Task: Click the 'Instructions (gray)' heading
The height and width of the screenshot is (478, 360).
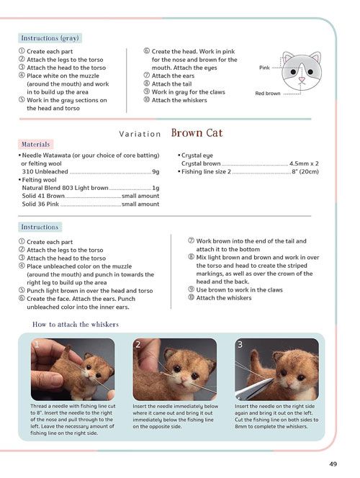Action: [50, 38]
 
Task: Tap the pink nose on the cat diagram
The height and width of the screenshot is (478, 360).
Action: [302, 79]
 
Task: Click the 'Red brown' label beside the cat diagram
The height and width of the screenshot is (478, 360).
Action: [268, 94]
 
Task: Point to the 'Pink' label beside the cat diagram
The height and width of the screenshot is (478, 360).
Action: [264, 68]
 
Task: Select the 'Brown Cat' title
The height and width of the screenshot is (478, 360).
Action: [197, 133]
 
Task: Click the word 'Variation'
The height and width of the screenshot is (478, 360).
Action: [140, 134]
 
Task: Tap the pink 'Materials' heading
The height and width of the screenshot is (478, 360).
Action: [36, 144]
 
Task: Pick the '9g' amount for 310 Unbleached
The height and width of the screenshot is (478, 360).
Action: [156, 171]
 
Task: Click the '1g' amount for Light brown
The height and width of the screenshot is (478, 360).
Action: [156, 188]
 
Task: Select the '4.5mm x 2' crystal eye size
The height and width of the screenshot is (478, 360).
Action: [304, 163]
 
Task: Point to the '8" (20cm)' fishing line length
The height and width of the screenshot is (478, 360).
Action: [305, 171]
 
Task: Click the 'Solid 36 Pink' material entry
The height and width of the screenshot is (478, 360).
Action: [40, 204]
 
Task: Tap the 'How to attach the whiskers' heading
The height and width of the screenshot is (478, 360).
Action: [76, 324]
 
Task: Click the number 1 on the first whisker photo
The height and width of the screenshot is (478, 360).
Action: [37, 345]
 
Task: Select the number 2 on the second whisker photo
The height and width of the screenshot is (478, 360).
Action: [138, 345]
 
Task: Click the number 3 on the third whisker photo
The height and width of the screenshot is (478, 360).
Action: [240, 345]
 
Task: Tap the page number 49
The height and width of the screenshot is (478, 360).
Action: [333, 464]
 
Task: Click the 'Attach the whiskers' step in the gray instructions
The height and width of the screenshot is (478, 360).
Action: [179, 100]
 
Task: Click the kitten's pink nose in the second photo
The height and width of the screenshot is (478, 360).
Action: [184, 379]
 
